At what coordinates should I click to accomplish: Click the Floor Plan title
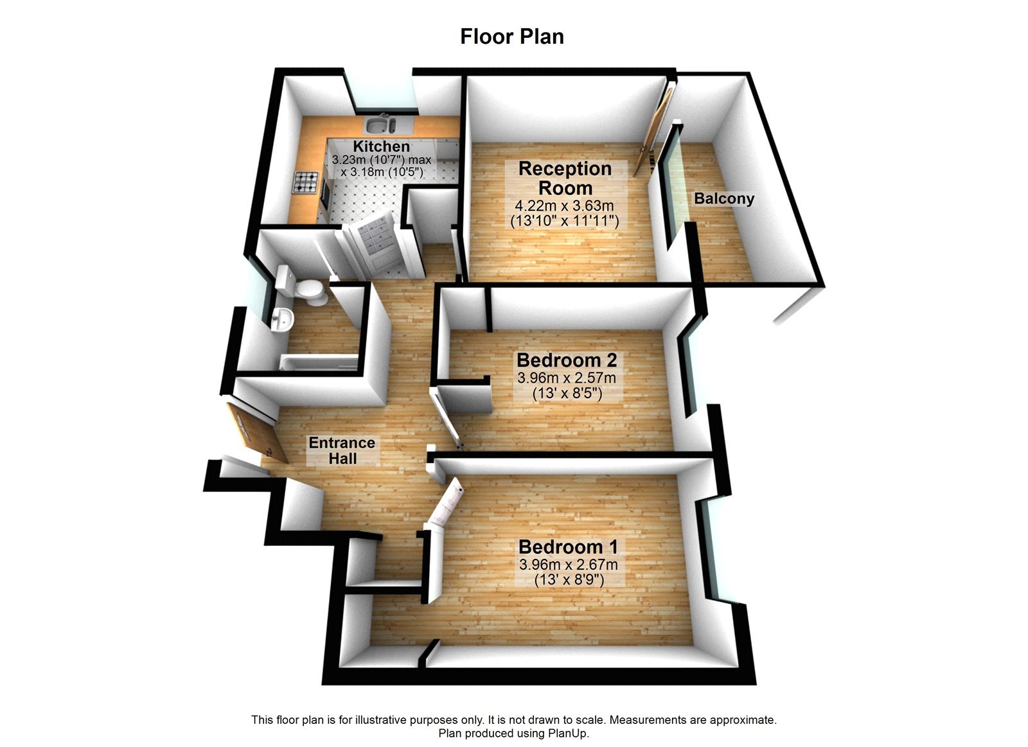512,37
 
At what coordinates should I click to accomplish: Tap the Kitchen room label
381,146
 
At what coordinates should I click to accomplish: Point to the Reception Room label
565,179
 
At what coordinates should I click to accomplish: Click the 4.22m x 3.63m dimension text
565,206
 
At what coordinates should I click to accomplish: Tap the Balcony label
723,199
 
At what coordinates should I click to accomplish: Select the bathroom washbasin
281,319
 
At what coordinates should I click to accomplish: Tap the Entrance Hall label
342,450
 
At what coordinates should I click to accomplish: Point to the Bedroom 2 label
567,360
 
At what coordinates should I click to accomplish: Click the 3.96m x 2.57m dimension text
567,378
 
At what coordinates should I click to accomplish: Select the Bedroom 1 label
568,547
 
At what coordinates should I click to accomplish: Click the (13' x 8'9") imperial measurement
569,579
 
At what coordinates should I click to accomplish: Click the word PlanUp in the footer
567,733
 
